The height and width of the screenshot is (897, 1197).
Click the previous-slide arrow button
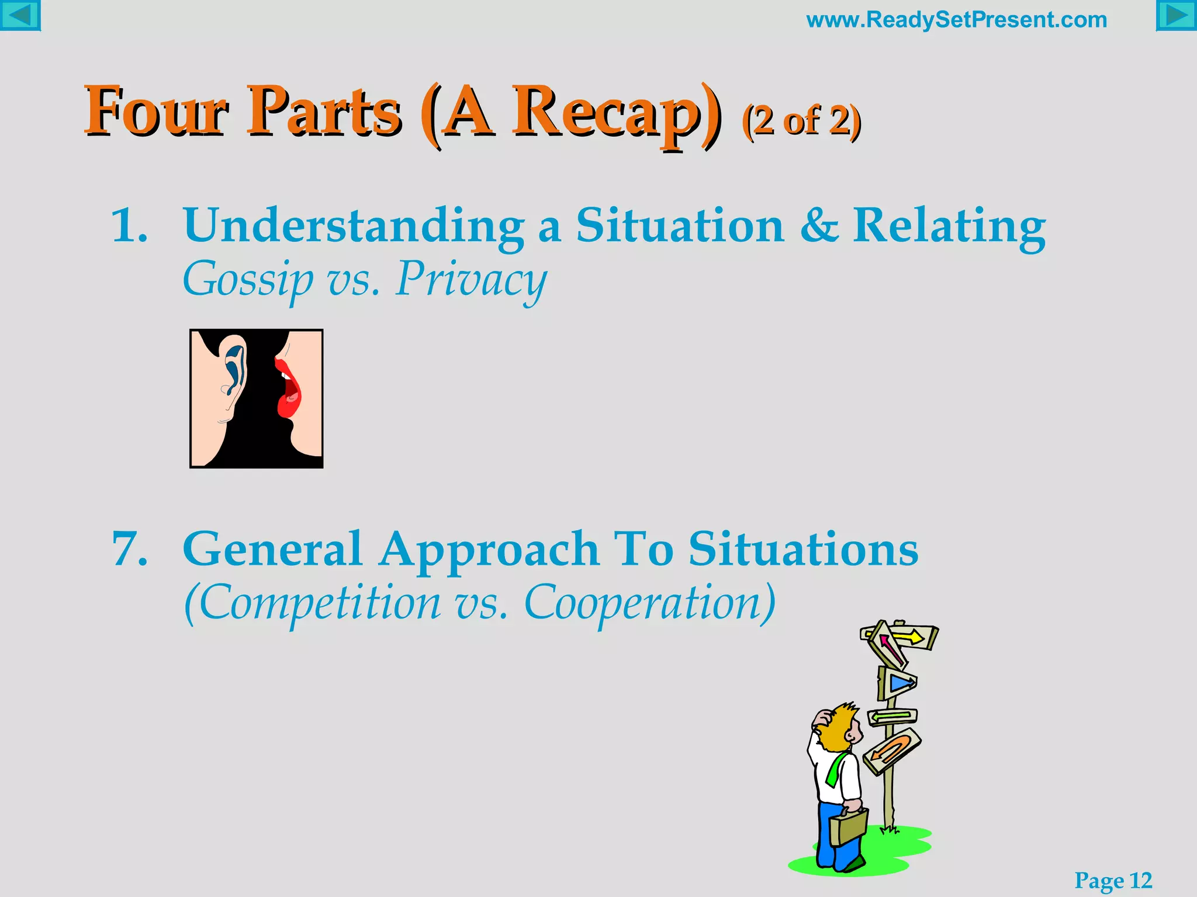point(20,15)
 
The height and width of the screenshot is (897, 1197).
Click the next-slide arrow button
point(1176,15)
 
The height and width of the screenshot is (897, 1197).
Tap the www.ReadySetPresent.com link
point(956,20)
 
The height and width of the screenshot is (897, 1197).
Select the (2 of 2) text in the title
point(801,121)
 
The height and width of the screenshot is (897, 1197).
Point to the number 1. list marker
point(129,225)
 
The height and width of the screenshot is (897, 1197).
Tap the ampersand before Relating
point(818,225)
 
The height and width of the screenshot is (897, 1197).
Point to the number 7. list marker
point(129,549)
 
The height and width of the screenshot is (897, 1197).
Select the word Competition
point(313,604)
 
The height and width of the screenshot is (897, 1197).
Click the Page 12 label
point(1113,880)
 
